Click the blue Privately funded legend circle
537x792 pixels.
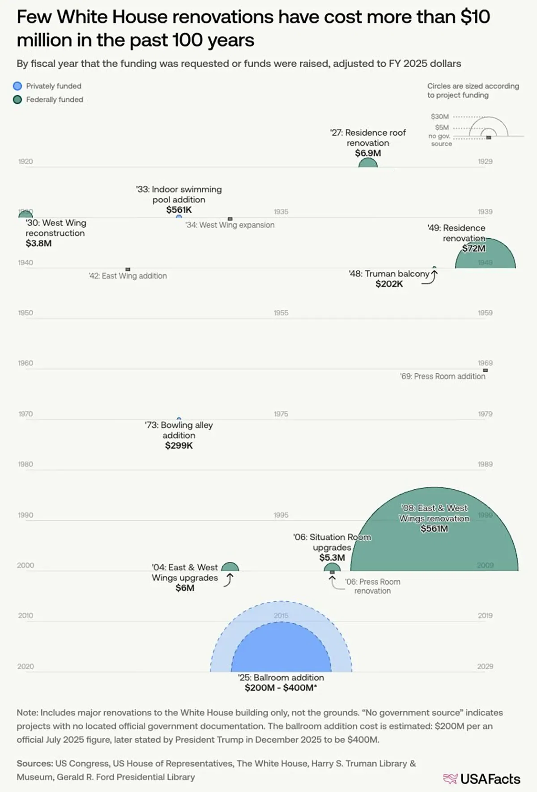click(x=17, y=86)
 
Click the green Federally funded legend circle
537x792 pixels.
click(x=17, y=99)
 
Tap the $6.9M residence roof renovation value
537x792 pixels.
click(x=368, y=153)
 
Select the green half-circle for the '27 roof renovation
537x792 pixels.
click(x=368, y=163)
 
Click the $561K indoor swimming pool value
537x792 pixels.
click(x=179, y=210)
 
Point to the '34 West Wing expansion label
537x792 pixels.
click(x=230, y=225)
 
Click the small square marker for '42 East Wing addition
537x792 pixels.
click(x=128, y=269)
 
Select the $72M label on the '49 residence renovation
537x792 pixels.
click(x=473, y=248)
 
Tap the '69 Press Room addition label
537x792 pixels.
click(x=443, y=377)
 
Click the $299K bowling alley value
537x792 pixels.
click(x=179, y=445)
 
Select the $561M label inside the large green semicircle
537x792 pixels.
click(x=434, y=529)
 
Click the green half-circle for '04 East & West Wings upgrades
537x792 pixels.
click(x=230, y=567)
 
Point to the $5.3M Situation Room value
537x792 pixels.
click(x=332, y=557)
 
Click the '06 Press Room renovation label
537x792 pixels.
click(x=372, y=586)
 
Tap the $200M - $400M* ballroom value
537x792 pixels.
click(x=281, y=688)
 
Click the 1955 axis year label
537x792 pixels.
click(x=281, y=313)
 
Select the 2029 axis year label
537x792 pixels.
click(x=485, y=666)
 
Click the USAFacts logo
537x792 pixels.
click(x=482, y=779)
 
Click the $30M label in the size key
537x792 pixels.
click(x=440, y=116)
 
